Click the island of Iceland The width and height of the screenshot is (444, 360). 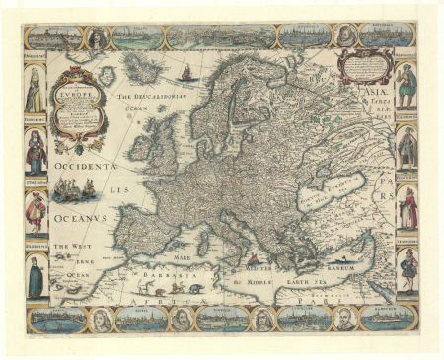pos(148,69)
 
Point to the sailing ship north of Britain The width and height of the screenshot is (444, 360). pos(185,72)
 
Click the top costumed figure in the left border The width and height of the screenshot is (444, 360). pos(37,94)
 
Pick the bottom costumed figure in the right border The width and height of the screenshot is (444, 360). pos(407,268)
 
